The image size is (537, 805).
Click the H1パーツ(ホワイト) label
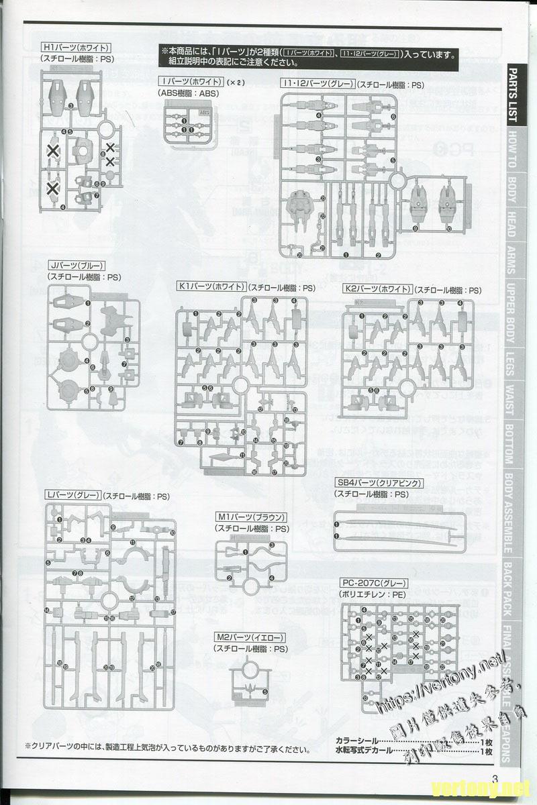point(75,48)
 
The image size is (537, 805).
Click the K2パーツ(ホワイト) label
point(376,289)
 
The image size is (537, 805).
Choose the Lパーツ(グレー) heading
point(72,495)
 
